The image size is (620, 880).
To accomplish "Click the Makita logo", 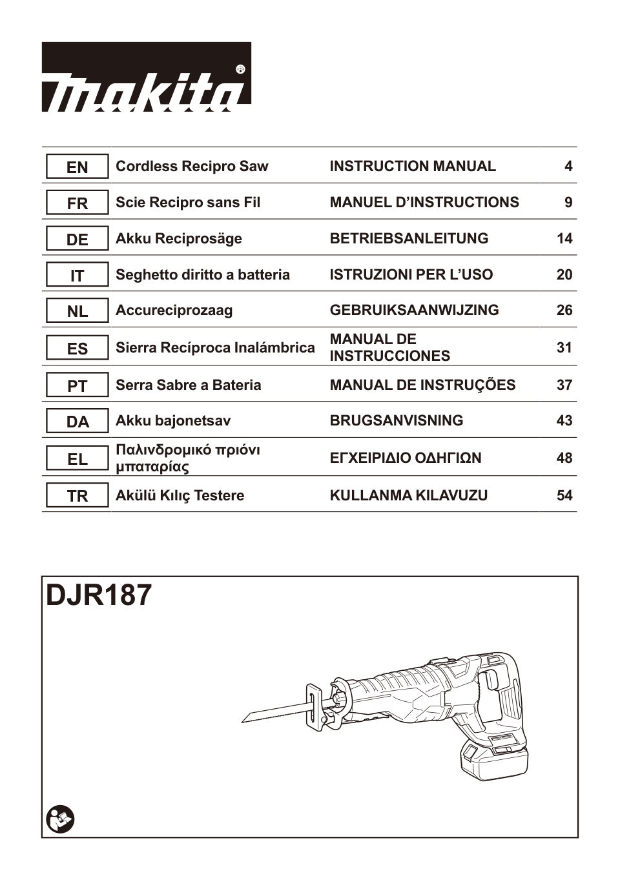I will point(147,77).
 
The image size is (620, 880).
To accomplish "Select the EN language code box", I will point(77,167).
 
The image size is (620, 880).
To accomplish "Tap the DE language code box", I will point(77,240).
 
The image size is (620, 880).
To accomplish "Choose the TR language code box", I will point(77,496).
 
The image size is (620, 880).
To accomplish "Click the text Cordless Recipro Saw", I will point(192,167).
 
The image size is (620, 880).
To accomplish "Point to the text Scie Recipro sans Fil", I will point(188,203).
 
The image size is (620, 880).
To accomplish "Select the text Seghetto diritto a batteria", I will point(203,275).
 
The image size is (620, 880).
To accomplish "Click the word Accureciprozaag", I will point(174,311).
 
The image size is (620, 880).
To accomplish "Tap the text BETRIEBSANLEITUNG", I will point(409,239).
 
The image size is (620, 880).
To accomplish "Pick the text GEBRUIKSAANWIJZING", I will point(414,311).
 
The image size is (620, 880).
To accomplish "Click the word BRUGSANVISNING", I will point(397,421).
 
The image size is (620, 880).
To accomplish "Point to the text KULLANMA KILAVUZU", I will point(409,496).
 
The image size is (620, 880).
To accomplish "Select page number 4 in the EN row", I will point(568,167).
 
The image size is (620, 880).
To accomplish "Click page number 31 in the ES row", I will point(564,348).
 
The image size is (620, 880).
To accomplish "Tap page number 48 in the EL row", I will point(564,458).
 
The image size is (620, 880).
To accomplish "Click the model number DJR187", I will point(99,595).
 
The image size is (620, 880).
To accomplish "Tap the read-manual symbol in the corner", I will point(61,819).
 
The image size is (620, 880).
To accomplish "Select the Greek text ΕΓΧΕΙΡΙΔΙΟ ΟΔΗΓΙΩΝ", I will point(406,458).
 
